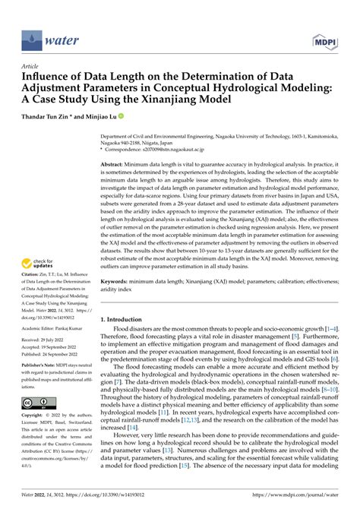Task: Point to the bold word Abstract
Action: (x=113, y=163)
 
